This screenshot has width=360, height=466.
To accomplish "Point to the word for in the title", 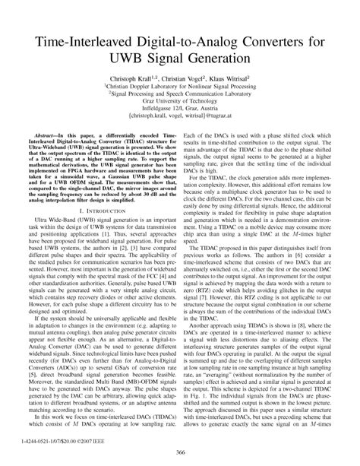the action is (x=321, y=39).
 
